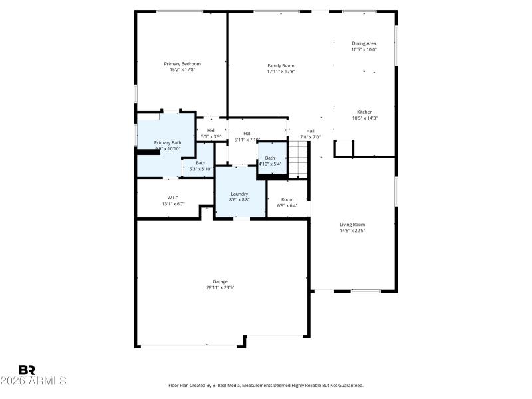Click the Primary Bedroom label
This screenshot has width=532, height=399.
click(x=182, y=64)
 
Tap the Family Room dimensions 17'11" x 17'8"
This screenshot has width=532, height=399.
click(x=281, y=71)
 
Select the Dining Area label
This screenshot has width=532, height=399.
click(x=364, y=43)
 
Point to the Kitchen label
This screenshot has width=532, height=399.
click(x=364, y=112)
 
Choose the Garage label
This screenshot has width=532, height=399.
click(x=220, y=281)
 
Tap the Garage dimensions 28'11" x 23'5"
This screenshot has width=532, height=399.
click(x=220, y=288)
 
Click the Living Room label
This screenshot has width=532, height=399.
click(x=352, y=225)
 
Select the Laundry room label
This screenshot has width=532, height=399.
click(x=239, y=193)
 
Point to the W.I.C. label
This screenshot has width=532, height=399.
click(x=173, y=198)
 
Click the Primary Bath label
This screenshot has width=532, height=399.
click(x=167, y=142)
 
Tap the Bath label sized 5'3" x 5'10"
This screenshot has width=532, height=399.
click(x=200, y=162)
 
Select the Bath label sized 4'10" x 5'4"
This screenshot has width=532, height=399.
click(x=270, y=158)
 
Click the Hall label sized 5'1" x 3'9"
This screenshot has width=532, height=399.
click(x=211, y=130)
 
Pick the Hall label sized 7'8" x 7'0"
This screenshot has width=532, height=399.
click(x=310, y=131)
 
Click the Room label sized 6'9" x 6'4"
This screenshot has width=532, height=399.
click(x=287, y=199)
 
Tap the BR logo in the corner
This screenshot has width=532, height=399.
click(x=27, y=370)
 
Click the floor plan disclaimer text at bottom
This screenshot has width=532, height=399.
click(x=265, y=385)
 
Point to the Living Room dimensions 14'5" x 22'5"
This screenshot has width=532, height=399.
click(x=352, y=231)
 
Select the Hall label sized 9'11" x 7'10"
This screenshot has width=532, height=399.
click(x=247, y=134)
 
